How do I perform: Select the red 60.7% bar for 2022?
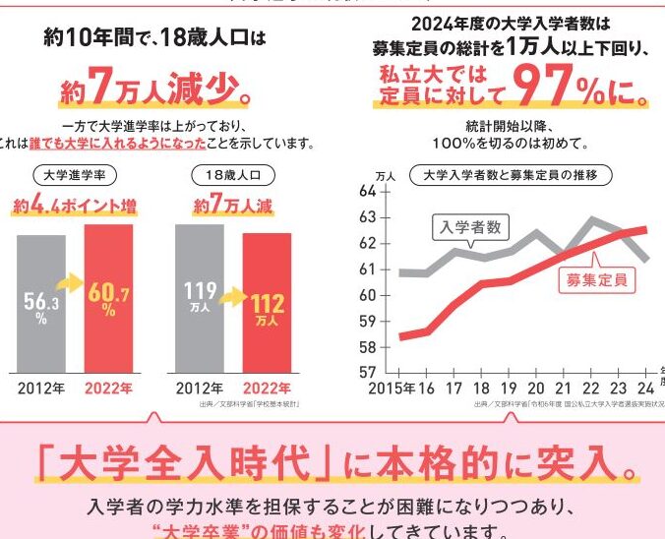tap(107, 295)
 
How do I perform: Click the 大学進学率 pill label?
tap(74, 176)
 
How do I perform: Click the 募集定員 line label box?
tap(597, 278)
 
